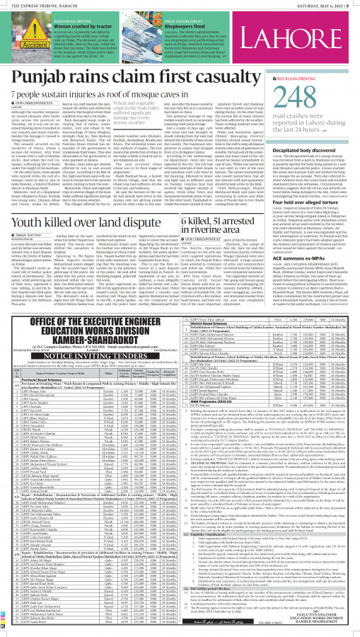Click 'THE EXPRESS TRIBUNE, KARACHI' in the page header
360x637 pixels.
point(39,5)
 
